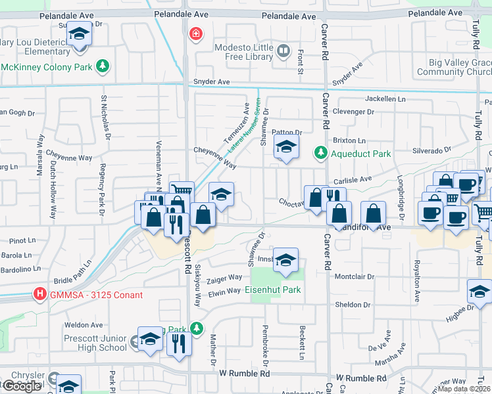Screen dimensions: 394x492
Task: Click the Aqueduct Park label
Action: (x=361, y=154)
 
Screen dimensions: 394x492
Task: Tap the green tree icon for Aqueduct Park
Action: (x=320, y=153)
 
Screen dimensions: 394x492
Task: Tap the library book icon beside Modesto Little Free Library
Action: (x=283, y=51)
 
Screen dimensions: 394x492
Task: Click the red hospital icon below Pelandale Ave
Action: (x=195, y=33)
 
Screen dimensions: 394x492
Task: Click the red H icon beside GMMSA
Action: (x=41, y=294)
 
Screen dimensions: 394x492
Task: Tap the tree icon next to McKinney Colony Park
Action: (x=102, y=66)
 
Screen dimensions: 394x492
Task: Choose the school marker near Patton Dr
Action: (x=286, y=147)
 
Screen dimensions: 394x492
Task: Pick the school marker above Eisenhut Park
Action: (x=286, y=260)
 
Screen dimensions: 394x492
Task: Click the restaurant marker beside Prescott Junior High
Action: (x=178, y=343)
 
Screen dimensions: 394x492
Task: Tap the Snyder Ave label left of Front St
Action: (x=211, y=82)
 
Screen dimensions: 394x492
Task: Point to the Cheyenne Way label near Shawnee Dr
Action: (x=214, y=158)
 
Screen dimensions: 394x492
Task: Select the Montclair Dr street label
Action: (x=355, y=276)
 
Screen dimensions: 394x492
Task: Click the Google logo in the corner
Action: (x=22, y=386)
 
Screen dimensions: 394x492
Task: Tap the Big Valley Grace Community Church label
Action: (x=455, y=67)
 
